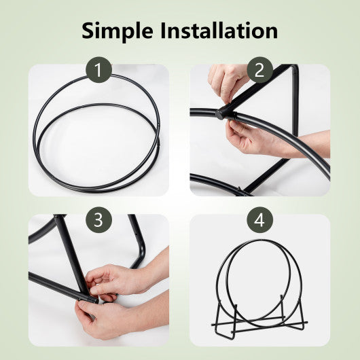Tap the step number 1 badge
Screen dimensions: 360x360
pyautogui.click(x=98, y=71)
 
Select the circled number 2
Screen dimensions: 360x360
pyautogui.click(x=259, y=71)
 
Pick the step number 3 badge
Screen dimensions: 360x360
pyautogui.click(x=98, y=220)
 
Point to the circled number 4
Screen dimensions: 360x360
pyautogui.click(x=259, y=220)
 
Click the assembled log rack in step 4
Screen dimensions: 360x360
pyautogui.click(x=259, y=285)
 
